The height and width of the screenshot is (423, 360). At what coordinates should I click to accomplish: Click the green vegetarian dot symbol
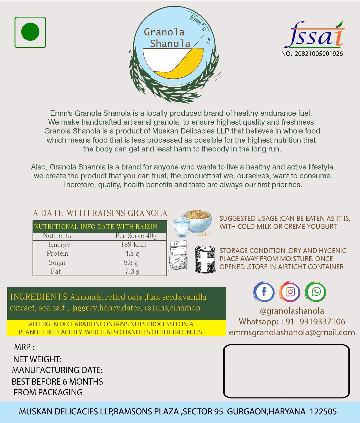[x=30, y=32]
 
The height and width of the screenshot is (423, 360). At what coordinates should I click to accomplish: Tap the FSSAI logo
[x=314, y=35]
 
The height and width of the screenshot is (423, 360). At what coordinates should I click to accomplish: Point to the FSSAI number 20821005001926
[x=319, y=54]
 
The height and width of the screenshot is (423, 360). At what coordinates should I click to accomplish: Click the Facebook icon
[x=264, y=292]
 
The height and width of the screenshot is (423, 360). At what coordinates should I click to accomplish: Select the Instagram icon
[x=290, y=292]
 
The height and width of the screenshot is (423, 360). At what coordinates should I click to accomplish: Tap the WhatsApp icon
[x=316, y=292]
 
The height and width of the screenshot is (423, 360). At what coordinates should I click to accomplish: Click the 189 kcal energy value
[x=133, y=244]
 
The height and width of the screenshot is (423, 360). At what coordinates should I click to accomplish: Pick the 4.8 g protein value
[x=132, y=253]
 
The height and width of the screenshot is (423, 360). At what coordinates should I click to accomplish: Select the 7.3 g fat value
[x=132, y=271]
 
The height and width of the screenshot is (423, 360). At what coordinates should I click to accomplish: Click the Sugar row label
[x=57, y=262]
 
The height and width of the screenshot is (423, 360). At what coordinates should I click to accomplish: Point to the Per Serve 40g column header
[x=136, y=236]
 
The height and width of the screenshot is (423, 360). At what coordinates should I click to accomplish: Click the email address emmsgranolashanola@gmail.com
[x=292, y=332]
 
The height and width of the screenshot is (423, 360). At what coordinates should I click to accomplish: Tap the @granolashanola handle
[x=292, y=311]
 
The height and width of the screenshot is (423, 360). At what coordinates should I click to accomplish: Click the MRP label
[x=24, y=347]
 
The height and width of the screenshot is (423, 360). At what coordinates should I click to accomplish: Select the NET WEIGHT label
[x=37, y=359]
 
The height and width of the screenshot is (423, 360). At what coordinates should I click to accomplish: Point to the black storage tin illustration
[x=205, y=259]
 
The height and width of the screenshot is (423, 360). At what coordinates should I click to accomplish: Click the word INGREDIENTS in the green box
[x=38, y=297]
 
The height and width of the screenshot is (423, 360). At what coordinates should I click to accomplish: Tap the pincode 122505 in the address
[x=323, y=411]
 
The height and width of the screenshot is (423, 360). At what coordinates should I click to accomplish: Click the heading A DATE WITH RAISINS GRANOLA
[x=100, y=213]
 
